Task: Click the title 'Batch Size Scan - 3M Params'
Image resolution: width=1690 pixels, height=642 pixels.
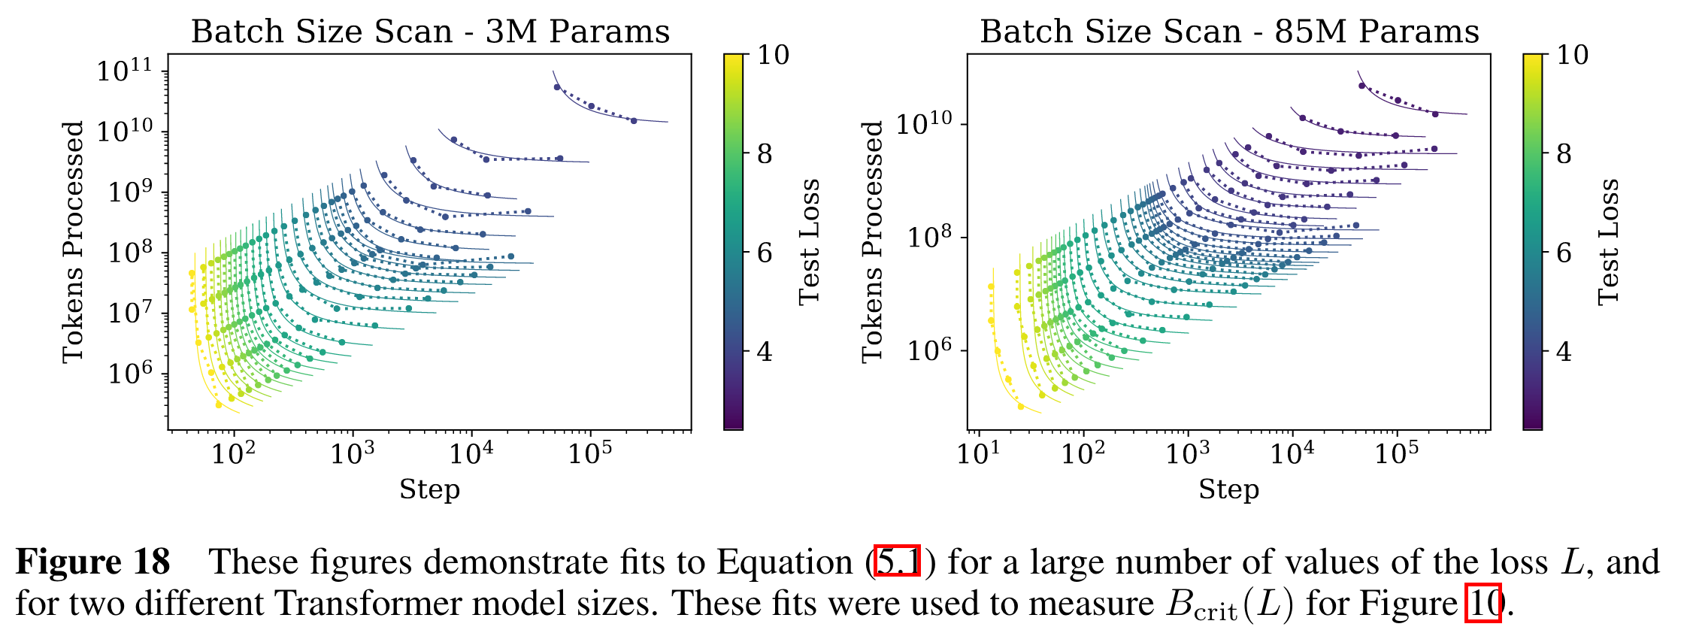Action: pyautogui.click(x=430, y=32)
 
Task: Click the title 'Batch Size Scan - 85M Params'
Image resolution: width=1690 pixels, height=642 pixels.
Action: pyautogui.click(x=1229, y=32)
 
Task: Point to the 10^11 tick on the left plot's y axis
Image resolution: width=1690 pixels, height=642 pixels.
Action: pyautogui.click(x=125, y=71)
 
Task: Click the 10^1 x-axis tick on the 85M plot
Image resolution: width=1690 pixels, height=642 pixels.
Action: pyautogui.click(x=978, y=453)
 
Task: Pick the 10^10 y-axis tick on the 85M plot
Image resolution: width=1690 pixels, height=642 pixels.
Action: pyautogui.click(x=924, y=123)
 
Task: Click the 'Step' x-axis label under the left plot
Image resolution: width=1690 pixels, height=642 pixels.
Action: pyautogui.click(x=429, y=489)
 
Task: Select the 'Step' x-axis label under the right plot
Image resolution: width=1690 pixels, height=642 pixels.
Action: pyautogui.click(x=1228, y=489)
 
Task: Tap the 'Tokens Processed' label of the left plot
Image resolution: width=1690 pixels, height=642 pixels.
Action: pyautogui.click(x=73, y=242)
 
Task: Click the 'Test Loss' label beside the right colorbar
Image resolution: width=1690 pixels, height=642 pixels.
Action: pyautogui.click(x=1607, y=242)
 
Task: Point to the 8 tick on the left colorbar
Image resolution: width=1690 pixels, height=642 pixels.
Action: pyautogui.click(x=765, y=154)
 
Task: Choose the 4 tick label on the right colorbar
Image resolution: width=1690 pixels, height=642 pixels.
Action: pyautogui.click(x=1564, y=351)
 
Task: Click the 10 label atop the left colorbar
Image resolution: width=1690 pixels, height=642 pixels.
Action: pyautogui.click(x=773, y=55)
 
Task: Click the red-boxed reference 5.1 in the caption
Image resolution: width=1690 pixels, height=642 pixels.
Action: pyautogui.click(x=897, y=561)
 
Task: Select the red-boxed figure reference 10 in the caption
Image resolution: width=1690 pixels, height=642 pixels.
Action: pyautogui.click(x=1483, y=603)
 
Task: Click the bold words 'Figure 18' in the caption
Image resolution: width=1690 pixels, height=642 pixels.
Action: pyautogui.click(x=93, y=562)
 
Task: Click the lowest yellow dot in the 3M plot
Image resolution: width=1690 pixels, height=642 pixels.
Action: pyautogui.click(x=219, y=405)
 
